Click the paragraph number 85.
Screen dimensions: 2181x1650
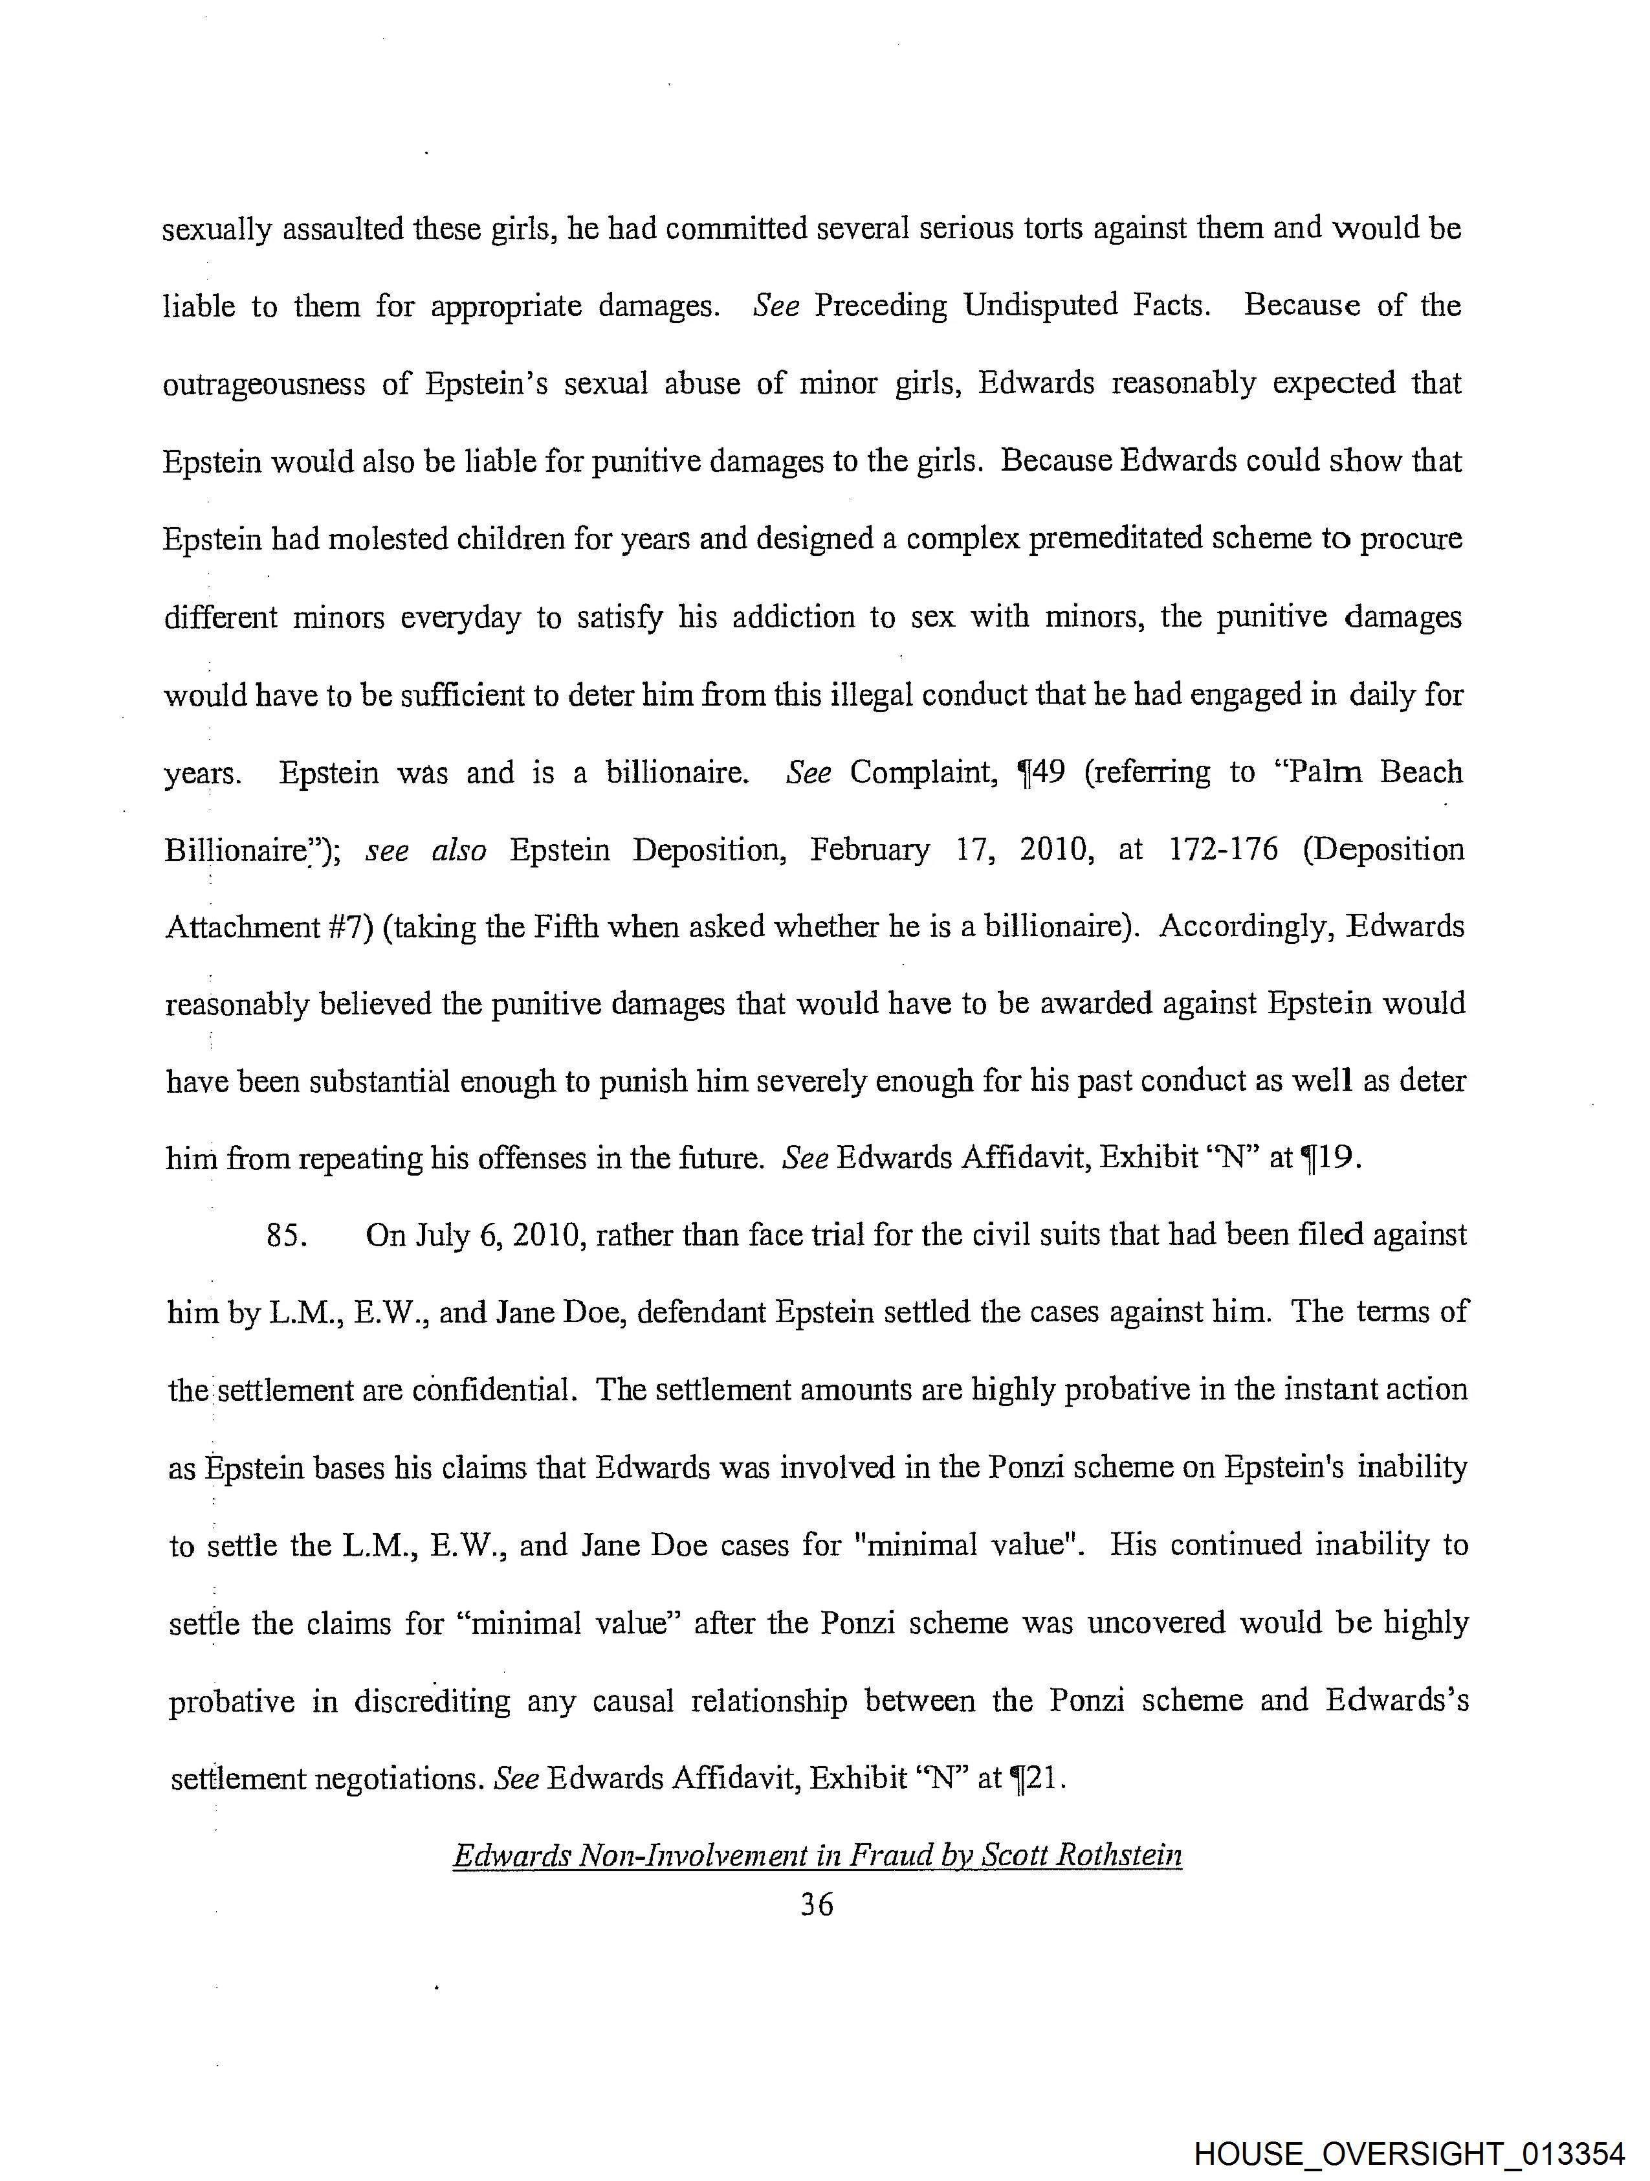[x=289, y=1235]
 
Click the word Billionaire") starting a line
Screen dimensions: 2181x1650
[x=252, y=850]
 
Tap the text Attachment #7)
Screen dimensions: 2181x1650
[x=269, y=927]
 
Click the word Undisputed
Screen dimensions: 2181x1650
[x=1041, y=306]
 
